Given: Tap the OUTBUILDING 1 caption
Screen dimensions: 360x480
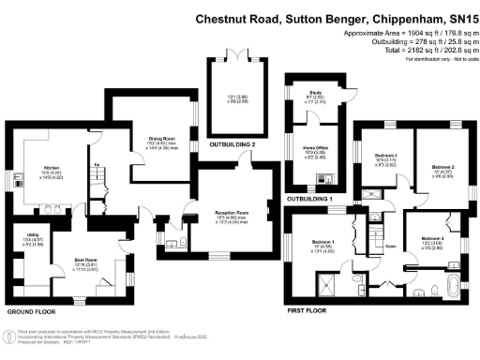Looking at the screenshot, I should [312, 200].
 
